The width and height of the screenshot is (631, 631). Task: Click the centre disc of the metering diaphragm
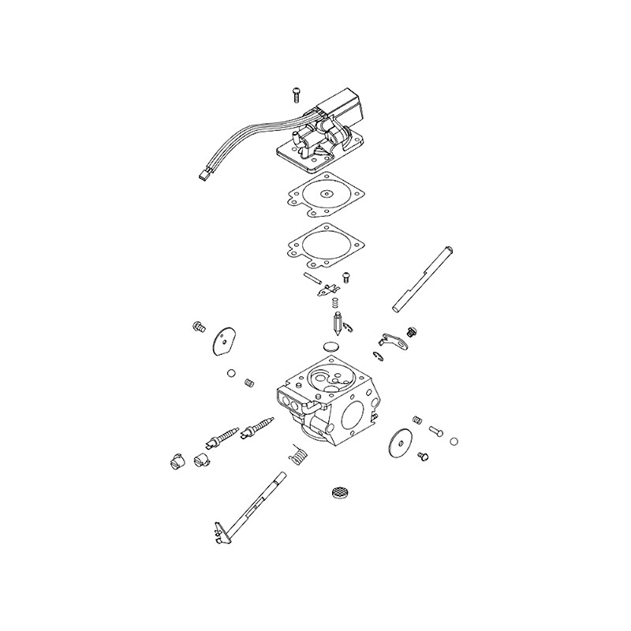point(323,192)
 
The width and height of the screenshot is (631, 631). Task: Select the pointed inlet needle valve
point(338,324)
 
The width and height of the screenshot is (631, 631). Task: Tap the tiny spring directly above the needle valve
point(334,301)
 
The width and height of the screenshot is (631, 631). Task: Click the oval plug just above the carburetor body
point(333,346)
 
